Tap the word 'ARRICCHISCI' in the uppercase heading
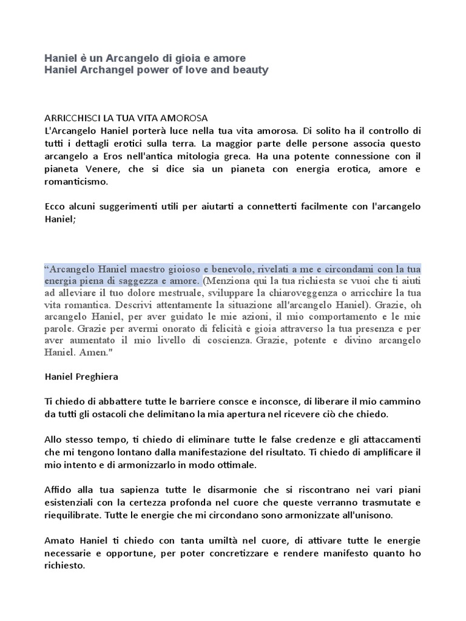coord(72,117)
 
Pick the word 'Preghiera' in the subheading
coord(97,376)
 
